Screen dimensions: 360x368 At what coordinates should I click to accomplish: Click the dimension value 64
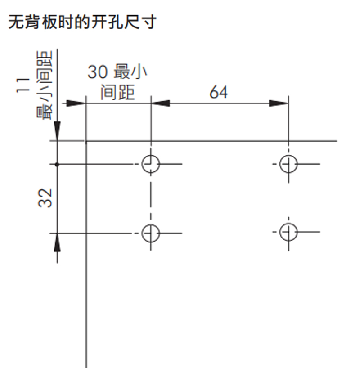[219, 92]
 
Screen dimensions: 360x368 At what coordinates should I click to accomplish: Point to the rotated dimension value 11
[22, 85]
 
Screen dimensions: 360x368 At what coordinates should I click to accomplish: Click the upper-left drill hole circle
[150, 164]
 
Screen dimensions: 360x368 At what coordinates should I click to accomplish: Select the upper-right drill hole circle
[288, 164]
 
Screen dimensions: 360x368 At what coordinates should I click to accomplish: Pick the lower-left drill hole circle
[150, 233]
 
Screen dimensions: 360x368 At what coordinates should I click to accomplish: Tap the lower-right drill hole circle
[288, 233]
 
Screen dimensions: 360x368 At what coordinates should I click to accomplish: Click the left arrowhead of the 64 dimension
[160, 103]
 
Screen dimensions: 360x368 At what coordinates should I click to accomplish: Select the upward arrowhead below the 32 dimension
[57, 243]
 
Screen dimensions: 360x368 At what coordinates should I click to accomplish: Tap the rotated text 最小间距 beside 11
[45, 85]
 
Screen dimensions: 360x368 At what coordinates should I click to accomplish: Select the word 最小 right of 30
[131, 72]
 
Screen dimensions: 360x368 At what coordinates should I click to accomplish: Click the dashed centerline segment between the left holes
[150, 198]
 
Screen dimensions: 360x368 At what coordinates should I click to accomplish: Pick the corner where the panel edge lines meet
[85, 141]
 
